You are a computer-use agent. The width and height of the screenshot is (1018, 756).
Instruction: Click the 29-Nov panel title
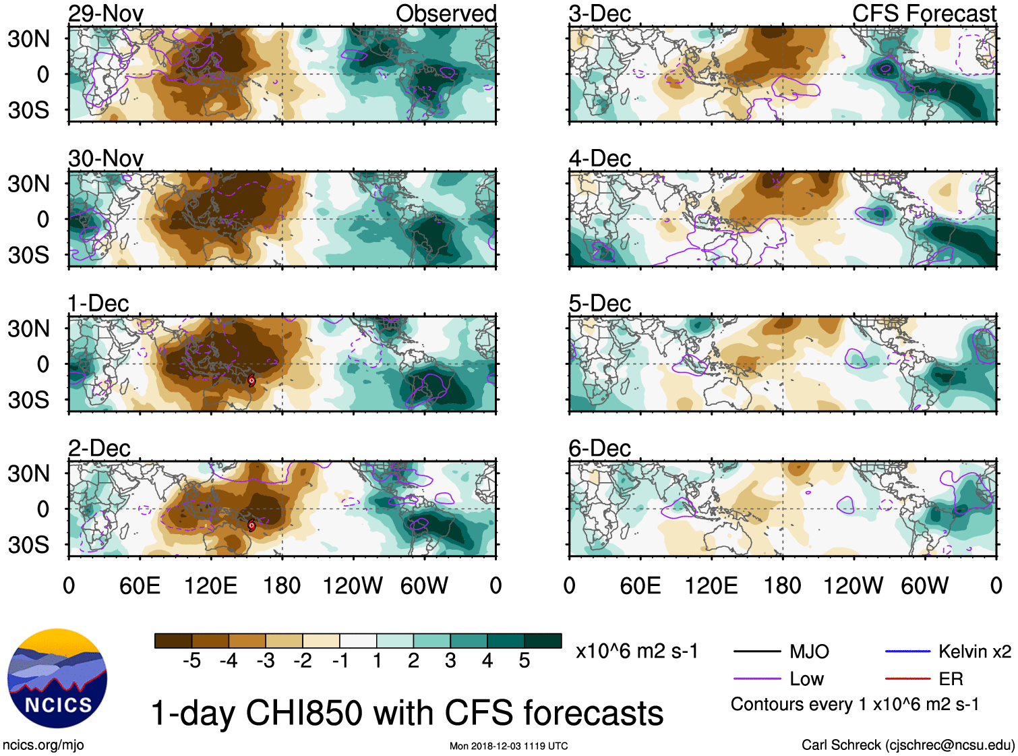point(106,13)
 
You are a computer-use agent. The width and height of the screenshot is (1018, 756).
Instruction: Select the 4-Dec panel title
point(599,158)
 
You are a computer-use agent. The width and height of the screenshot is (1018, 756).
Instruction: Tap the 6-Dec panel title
point(599,448)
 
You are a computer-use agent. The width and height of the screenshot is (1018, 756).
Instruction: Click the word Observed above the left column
point(446,13)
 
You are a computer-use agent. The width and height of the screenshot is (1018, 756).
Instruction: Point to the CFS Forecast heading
point(924,13)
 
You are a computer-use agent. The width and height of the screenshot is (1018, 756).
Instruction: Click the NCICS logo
point(57,678)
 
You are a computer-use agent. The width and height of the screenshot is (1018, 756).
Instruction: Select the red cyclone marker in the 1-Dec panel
point(251,380)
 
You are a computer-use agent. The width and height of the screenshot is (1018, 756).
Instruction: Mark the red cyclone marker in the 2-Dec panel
point(251,525)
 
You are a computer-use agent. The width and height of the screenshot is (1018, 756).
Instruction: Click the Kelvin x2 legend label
point(974,651)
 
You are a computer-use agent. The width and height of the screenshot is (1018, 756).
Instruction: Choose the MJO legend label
point(809,651)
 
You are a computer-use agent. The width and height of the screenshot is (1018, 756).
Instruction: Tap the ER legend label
point(951,678)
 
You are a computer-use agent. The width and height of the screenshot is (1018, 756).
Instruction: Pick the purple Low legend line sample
point(756,678)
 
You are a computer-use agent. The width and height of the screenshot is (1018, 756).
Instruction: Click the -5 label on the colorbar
point(191,661)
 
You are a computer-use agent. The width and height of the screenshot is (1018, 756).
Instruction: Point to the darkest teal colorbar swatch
point(543,641)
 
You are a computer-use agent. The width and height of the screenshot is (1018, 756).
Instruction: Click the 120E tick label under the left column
point(210,585)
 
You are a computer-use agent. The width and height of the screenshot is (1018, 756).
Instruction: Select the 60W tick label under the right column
point(924,585)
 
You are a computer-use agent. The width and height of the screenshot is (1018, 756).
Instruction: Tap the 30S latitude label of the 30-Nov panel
point(28,255)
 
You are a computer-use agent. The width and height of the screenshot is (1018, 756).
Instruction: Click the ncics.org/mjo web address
point(43,745)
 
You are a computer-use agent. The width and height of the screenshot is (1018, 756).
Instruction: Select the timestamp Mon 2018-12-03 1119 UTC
point(508,746)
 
